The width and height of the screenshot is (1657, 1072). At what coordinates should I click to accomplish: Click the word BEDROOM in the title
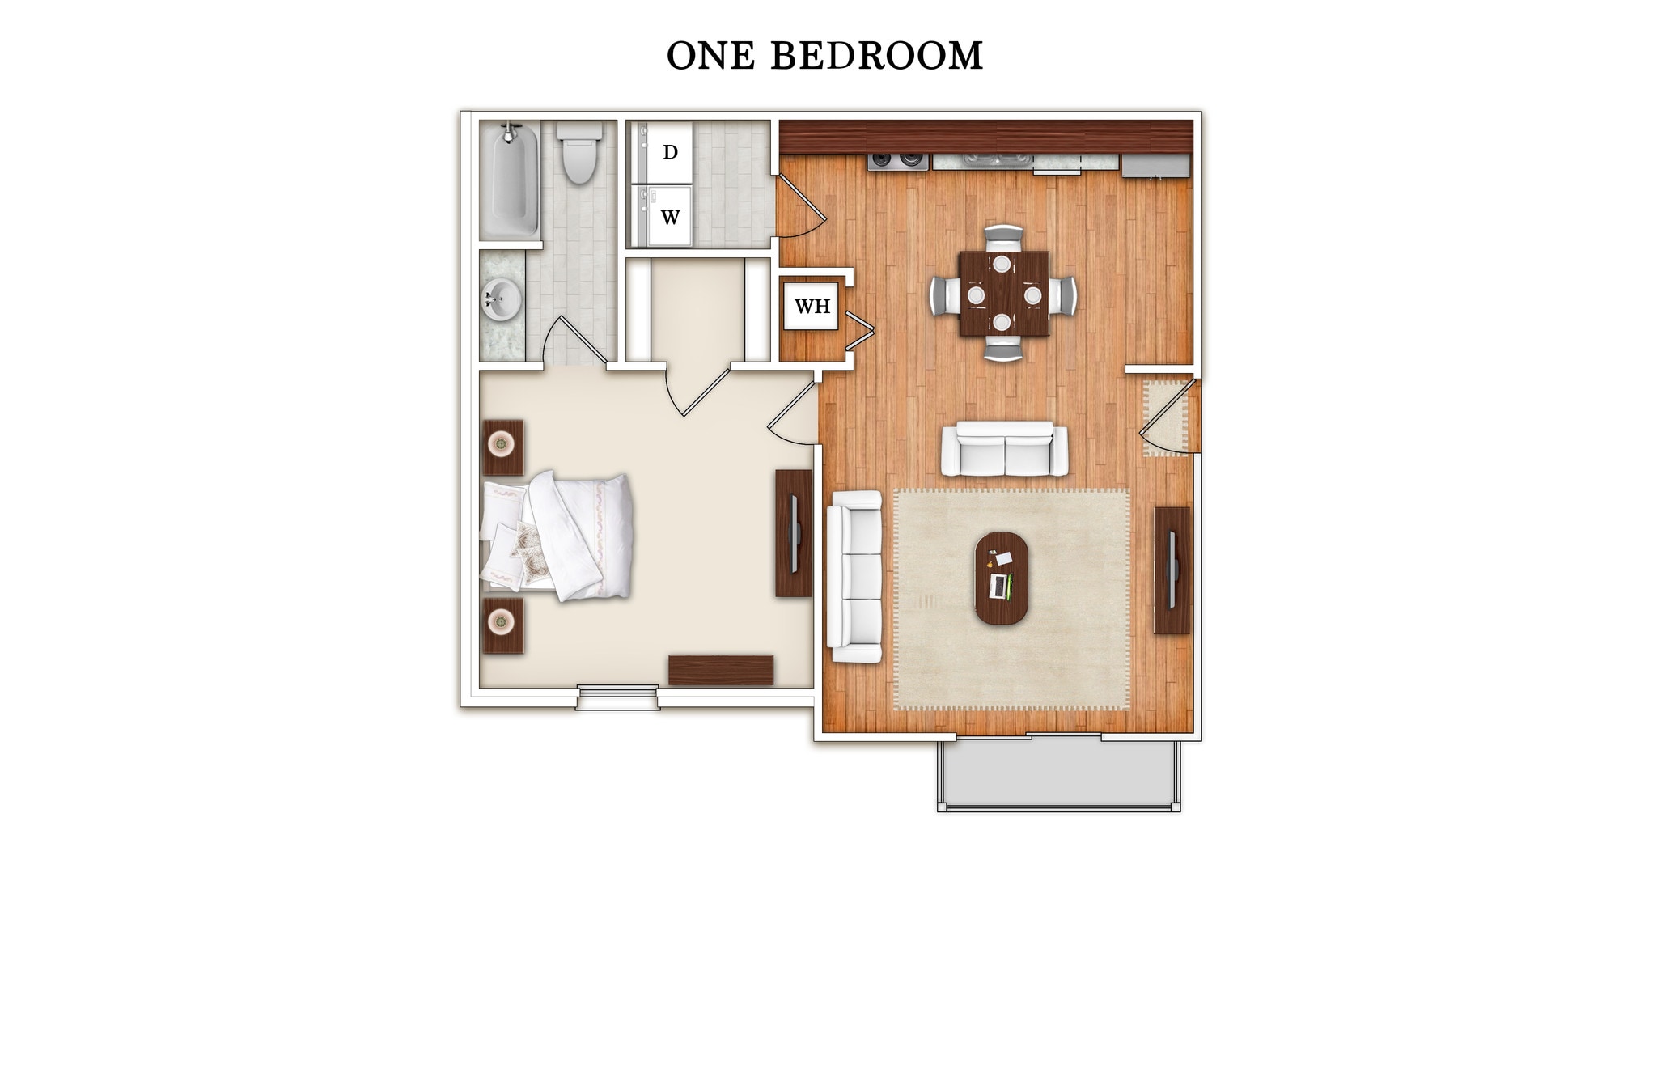point(876,56)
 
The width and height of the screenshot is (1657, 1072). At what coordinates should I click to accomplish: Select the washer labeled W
point(668,217)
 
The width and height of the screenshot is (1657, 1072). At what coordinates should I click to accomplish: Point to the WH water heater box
point(812,307)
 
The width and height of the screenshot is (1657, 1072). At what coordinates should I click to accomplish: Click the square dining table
point(1003,294)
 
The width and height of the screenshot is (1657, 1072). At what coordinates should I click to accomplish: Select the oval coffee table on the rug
point(1002,578)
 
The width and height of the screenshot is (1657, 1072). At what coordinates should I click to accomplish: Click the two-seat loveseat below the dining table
point(1003,450)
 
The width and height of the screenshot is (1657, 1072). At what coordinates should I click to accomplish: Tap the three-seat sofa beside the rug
point(854,576)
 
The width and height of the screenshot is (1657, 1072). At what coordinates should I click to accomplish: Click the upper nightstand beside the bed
point(502,447)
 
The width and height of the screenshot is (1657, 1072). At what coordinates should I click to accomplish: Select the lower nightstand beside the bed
point(502,625)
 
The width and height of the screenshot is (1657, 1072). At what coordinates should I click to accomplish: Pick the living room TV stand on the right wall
point(1172,570)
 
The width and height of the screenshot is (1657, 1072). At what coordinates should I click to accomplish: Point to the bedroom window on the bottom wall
point(617,697)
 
